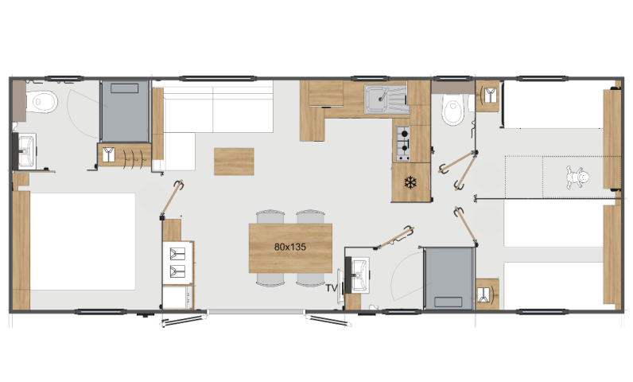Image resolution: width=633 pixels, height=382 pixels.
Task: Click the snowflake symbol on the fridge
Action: (410, 182)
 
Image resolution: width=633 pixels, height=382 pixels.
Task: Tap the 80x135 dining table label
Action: (289, 247)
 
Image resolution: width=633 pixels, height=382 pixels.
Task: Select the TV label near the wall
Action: (332, 288)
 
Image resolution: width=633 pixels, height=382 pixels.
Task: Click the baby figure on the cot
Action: (577, 177)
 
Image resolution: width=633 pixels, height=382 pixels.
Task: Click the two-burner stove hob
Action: (403, 144)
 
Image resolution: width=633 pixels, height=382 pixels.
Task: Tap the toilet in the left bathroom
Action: (41, 102)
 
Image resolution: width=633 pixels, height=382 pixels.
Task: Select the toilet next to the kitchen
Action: (453, 109)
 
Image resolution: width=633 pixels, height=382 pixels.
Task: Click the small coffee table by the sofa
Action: (234, 162)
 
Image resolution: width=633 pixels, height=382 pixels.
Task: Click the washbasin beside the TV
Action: (359, 275)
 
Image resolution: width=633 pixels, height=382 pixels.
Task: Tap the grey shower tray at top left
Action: (125, 111)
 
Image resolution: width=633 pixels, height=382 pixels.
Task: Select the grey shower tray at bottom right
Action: (448, 279)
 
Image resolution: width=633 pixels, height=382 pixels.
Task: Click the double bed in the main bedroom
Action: (83, 241)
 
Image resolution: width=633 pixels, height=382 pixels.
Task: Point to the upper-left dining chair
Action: (270, 216)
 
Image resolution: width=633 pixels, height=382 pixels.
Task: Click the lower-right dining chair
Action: (310, 279)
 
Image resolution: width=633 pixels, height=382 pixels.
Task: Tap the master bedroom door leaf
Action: (173, 198)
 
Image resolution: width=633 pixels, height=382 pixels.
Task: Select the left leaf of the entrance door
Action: (183, 320)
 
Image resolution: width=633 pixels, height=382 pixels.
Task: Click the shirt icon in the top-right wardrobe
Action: (490, 95)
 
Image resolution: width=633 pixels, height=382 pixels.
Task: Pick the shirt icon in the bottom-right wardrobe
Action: (484, 294)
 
